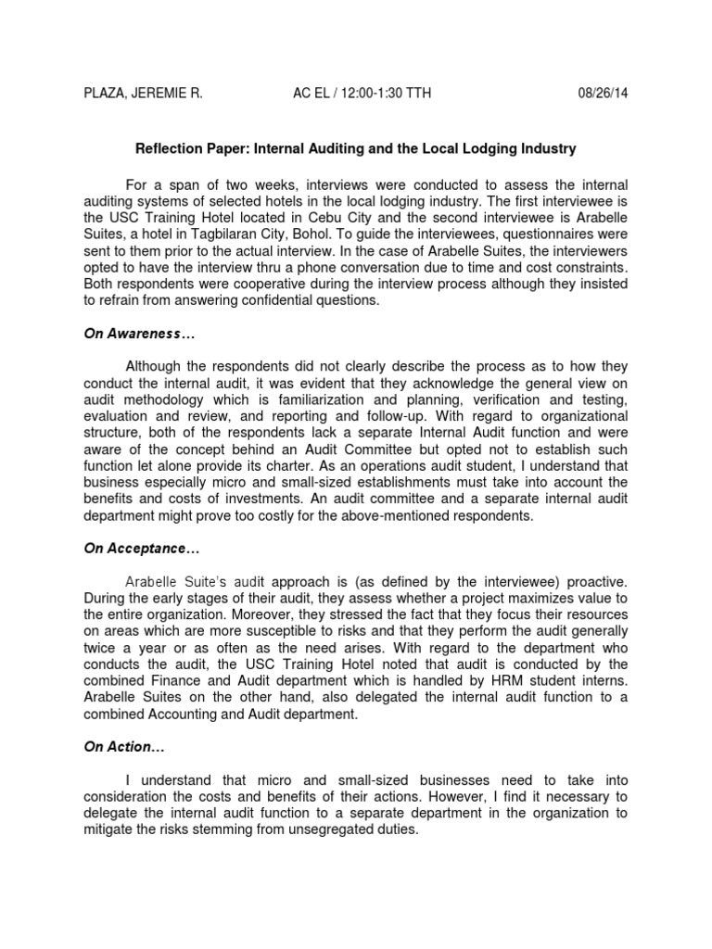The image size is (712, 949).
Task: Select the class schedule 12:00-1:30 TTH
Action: coord(383,93)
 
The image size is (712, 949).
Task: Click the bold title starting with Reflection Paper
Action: coord(356,147)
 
